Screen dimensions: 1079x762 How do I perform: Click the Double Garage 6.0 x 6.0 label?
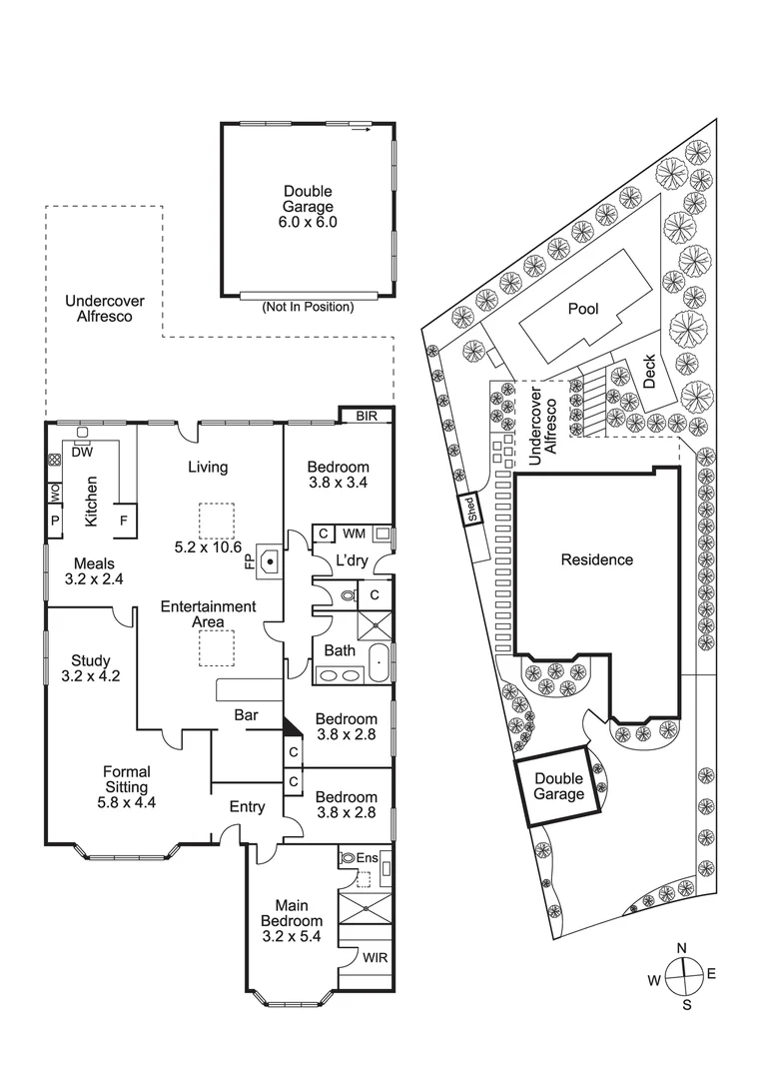308,207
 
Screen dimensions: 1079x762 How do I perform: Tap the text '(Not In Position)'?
308,307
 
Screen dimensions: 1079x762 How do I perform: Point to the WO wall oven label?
55,493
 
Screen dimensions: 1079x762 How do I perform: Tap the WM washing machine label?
354,534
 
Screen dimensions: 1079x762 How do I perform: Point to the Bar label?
247,715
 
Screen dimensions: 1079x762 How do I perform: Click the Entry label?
247,806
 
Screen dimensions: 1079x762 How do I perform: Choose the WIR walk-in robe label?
376,957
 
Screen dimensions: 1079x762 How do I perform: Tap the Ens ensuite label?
366,858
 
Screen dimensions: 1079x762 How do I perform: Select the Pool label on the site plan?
583,309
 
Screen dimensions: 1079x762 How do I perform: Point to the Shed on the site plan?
468,510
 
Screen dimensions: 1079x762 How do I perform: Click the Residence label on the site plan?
596,559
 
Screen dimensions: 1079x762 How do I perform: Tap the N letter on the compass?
682,948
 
